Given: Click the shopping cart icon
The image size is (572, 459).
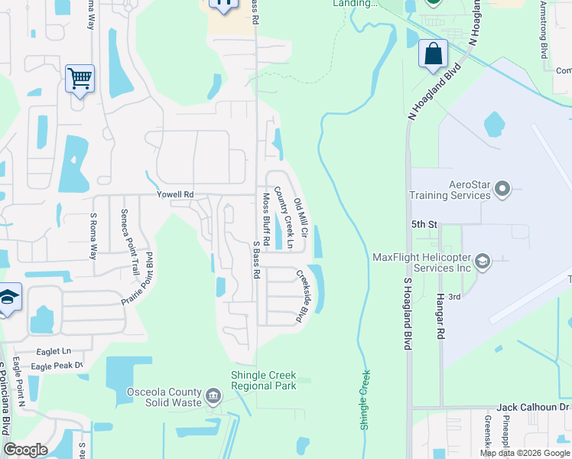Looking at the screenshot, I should pos(80,78).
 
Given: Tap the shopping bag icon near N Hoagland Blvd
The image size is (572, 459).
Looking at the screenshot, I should pos(433,54).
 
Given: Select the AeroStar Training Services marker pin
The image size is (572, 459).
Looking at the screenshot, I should pos(502,187).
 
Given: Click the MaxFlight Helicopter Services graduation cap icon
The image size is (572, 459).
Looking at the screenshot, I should pos(483,262).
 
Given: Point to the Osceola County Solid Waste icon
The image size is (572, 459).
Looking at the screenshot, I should pos(213,397).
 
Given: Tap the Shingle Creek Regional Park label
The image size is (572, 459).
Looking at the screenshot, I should pos(264,380).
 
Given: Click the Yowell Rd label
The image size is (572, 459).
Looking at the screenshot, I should pos(174,194).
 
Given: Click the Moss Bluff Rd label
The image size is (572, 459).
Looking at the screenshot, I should pos(265,219).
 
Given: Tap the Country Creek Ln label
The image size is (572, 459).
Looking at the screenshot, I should pos(284,217).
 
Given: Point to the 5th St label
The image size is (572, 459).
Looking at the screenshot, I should pos(423,225).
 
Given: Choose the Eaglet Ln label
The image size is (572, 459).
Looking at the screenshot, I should pos(54,351).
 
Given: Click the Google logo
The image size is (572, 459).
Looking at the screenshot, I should pos(26,449).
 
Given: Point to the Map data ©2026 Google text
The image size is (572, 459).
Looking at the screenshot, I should pos(525,453).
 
